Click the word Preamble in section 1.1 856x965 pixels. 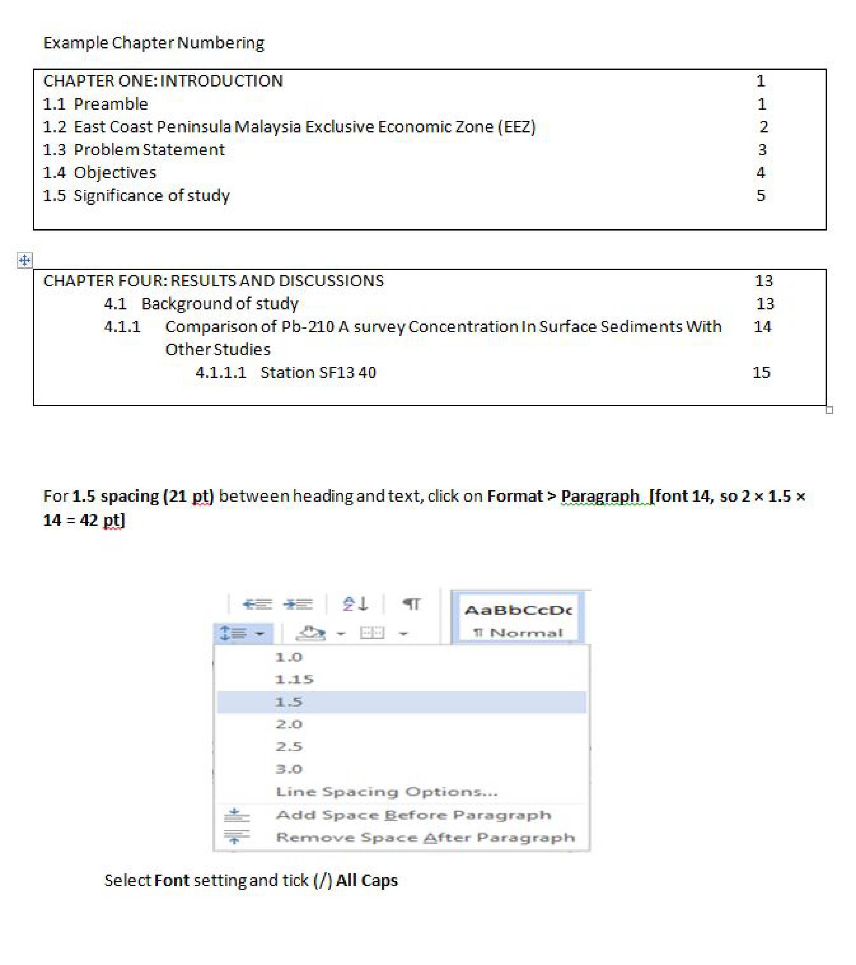pyautogui.click(x=111, y=104)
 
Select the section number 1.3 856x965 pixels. pyautogui.click(x=54, y=150)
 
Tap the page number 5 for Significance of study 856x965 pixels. pyautogui.click(x=760, y=195)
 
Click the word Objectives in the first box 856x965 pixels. pyautogui.click(x=115, y=173)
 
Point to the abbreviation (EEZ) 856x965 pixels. pyautogui.click(x=517, y=127)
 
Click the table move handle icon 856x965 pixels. pyautogui.click(x=24, y=260)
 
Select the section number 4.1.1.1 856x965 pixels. pyautogui.click(x=221, y=372)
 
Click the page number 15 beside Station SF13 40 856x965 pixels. pyautogui.click(x=761, y=372)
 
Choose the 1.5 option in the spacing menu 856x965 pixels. pyautogui.click(x=288, y=701)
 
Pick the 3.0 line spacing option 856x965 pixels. pyautogui.click(x=288, y=769)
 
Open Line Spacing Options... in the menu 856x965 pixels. pyautogui.click(x=386, y=792)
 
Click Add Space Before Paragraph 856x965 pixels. pyautogui.click(x=413, y=815)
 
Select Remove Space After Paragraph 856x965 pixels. pyautogui.click(x=425, y=838)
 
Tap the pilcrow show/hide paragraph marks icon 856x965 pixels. pyautogui.click(x=412, y=604)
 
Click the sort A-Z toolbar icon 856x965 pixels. pyautogui.click(x=355, y=604)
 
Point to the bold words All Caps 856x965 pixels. pyautogui.click(x=366, y=881)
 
